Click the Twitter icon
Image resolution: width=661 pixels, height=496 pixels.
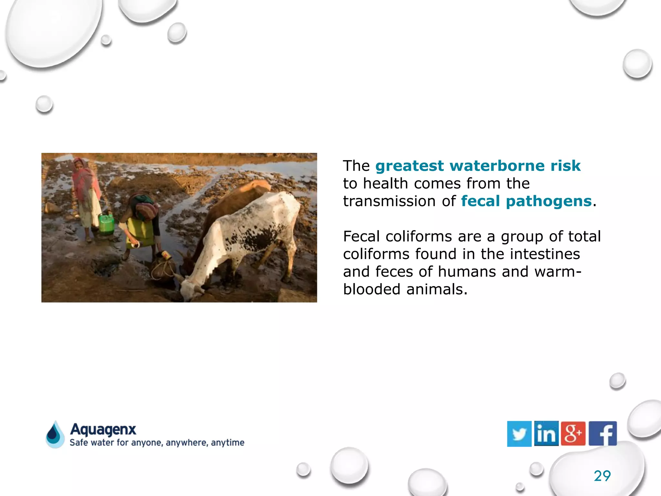click(519, 434)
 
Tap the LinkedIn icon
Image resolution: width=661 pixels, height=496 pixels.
click(546, 434)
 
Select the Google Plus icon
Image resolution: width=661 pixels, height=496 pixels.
click(573, 434)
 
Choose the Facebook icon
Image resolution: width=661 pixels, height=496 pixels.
click(603, 434)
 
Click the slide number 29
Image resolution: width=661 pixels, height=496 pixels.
click(602, 476)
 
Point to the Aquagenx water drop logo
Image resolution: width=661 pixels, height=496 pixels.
click(55, 435)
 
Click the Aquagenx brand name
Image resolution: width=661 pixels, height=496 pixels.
click(103, 429)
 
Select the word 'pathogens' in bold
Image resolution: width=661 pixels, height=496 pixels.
click(549, 201)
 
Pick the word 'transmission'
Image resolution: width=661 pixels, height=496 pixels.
click(389, 201)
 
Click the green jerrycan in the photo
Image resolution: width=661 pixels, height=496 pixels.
click(106, 223)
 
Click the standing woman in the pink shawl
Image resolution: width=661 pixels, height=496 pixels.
click(86, 197)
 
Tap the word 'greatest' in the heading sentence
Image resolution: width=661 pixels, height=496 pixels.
click(410, 166)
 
